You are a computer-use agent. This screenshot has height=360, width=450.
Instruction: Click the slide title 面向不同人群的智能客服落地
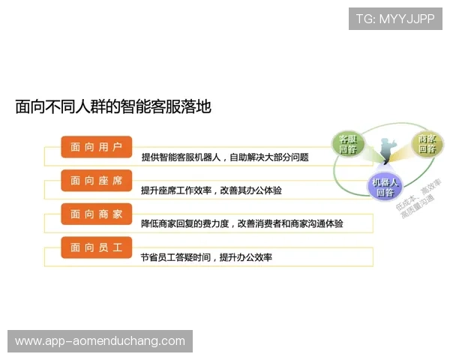pos(113,106)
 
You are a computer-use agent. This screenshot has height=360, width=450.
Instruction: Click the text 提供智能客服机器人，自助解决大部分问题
pos(225,158)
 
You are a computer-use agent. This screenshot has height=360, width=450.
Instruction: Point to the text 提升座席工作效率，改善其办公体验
pos(211,191)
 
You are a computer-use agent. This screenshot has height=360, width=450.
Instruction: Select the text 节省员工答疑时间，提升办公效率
pos(206,257)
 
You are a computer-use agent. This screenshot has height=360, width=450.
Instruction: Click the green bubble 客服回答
pos(348,144)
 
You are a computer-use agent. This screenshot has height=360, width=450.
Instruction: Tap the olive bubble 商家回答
pos(427,144)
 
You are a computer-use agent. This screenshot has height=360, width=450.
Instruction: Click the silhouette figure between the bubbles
pos(387,148)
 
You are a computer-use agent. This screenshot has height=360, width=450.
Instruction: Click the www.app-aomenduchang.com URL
pos(100,341)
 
